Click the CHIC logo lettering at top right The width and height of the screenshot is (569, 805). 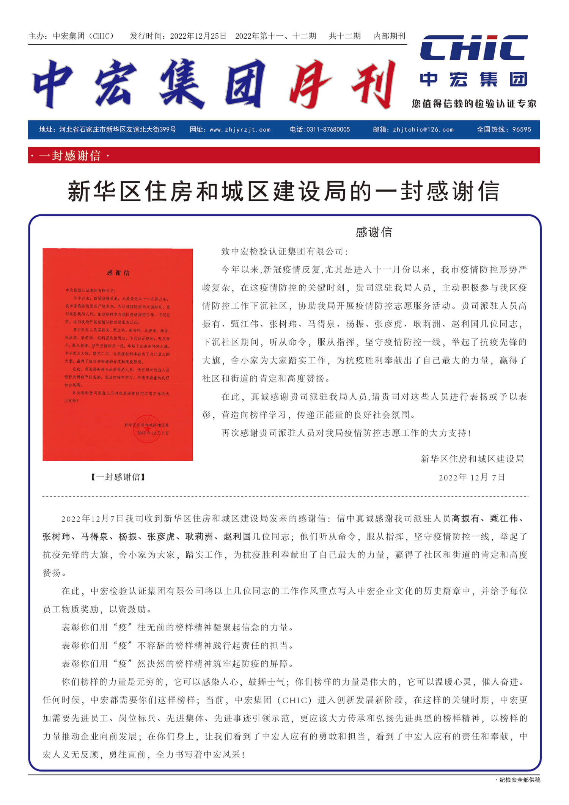tap(474, 48)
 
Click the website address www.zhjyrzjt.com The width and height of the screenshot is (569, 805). tap(240, 130)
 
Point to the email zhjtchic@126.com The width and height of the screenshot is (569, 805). tap(423, 130)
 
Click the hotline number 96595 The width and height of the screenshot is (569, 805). tap(521, 130)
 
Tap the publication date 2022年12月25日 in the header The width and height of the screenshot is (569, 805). tap(198, 36)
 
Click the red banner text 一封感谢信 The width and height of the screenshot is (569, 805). tap(70, 156)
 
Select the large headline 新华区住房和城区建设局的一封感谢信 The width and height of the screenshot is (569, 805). tap(283, 192)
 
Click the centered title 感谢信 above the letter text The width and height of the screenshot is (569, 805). tap(374, 232)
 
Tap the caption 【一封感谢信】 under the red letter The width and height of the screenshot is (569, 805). tap(118, 477)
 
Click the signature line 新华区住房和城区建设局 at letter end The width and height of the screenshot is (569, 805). tap(472, 459)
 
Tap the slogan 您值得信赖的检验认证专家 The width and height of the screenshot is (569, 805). tap(474, 104)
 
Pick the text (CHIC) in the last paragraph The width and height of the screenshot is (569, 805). tap(294, 700)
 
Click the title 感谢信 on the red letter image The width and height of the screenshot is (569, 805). tap(118, 273)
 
